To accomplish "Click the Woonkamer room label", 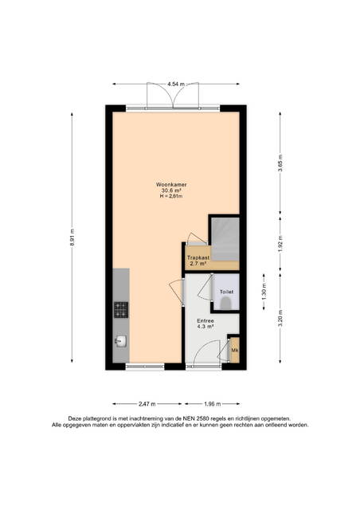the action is pyautogui.click(x=171, y=185).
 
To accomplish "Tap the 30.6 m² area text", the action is pyautogui.click(x=171, y=190).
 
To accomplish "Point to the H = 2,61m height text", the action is pyautogui.click(x=171, y=196).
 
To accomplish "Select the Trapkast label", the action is pyautogui.click(x=198, y=258).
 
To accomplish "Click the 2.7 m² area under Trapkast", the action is pyautogui.click(x=198, y=264).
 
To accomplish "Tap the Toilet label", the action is pyautogui.click(x=226, y=292).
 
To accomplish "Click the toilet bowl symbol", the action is pyautogui.click(x=225, y=304).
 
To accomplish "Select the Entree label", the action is pyautogui.click(x=205, y=320).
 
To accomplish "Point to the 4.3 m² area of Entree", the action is pyautogui.click(x=205, y=326).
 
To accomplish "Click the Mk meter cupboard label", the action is pyautogui.click(x=235, y=351).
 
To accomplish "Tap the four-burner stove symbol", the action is pyautogui.click(x=121, y=310).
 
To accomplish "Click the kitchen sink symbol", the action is pyautogui.click(x=120, y=342).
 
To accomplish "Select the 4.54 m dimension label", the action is pyautogui.click(x=176, y=84).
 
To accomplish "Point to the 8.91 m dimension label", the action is pyautogui.click(x=72, y=237).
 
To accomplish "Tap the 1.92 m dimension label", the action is pyautogui.click(x=280, y=242).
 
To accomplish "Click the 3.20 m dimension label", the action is pyautogui.click(x=280, y=318).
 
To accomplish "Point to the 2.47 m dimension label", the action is pyautogui.click(x=147, y=404).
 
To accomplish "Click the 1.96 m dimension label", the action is pyautogui.click(x=213, y=404).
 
